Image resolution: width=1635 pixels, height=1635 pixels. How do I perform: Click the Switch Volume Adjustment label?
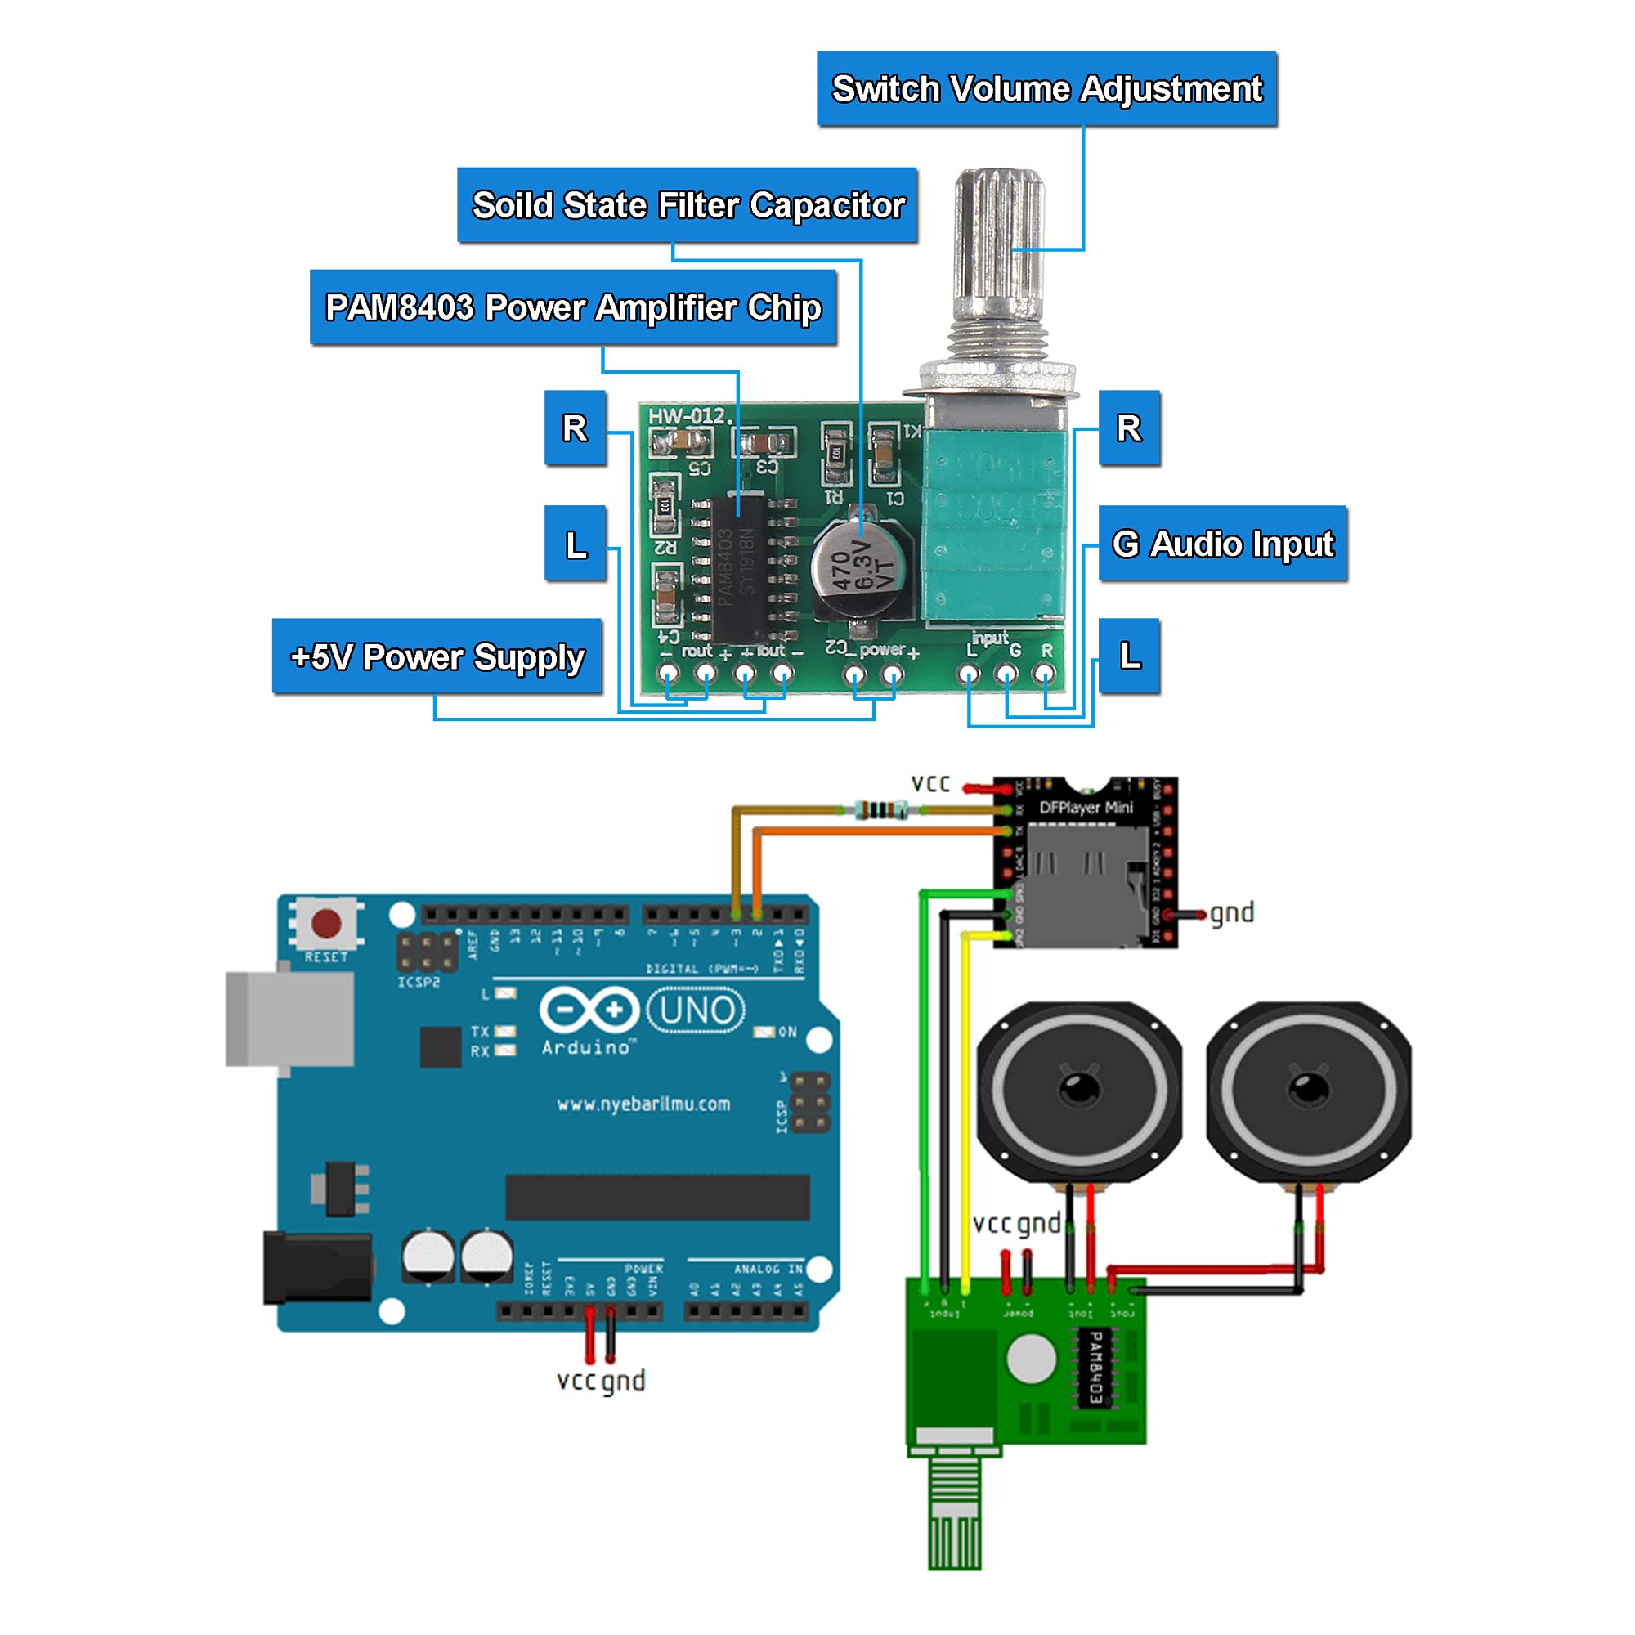pos(1046,89)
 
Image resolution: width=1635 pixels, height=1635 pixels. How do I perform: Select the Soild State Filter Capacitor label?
pos(688,206)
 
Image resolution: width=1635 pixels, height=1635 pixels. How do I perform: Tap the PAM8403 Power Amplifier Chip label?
pos(573,307)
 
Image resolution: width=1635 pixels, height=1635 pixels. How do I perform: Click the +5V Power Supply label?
pos(437,656)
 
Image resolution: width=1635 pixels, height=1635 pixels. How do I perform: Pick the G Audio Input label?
pos(1222,544)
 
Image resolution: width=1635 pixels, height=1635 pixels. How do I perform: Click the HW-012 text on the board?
pos(688,415)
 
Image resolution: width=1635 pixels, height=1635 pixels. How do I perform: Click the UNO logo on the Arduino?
pos(696,1010)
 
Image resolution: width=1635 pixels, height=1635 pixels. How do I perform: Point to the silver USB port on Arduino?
pos(289,1019)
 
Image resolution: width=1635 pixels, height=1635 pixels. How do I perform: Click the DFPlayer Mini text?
pos(1085,808)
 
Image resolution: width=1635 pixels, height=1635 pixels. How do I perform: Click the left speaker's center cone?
pos(1079,1087)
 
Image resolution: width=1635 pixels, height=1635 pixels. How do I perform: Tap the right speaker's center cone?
pos(1308,1087)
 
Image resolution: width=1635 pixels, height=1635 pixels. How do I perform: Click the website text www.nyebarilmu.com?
pos(643,1104)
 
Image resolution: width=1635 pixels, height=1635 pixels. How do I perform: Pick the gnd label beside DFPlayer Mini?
pos(1231,913)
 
